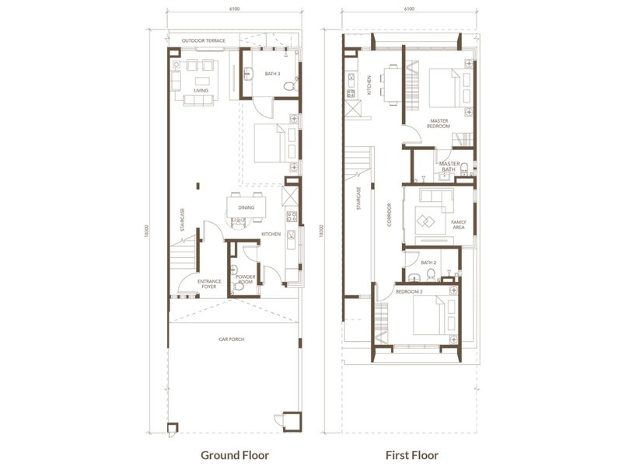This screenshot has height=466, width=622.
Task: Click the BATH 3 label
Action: click(x=271, y=74)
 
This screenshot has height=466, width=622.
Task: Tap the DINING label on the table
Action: click(x=246, y=207)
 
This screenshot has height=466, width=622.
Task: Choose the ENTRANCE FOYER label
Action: click(x=208, y=283)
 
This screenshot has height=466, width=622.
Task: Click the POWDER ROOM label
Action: click(x=246, y=278)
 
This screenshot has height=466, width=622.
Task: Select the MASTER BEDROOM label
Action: click(x=439, y=123)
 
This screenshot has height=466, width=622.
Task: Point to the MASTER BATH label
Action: click(x=449, y=165)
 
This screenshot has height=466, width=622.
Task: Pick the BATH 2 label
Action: click(x=428, y=263)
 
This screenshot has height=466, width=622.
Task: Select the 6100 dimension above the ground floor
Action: click(x=233, y=10)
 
